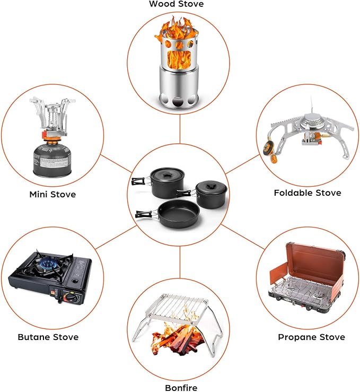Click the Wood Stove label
tap(177, 4)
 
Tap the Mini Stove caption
tap(52, 195)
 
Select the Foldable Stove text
tap(308, 193)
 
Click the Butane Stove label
tap(48, 337)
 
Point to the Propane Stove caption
tap(312, 337)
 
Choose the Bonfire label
tap(181, 388)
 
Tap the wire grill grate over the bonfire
tap(177, 308)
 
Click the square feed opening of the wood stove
tap(179, 59)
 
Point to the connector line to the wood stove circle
tap(180, 129)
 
